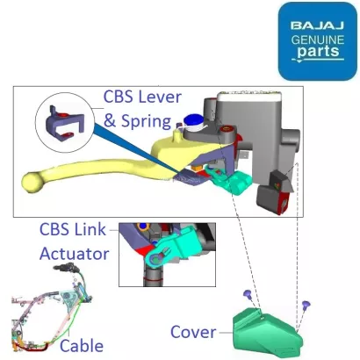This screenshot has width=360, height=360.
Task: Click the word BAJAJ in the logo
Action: coord(317,25)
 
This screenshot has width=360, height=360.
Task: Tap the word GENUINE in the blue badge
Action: coord(318,40)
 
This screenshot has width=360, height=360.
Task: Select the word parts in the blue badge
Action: coord(318,52)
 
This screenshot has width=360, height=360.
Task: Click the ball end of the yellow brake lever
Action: coord(32,182)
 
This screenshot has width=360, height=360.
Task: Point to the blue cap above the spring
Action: coord(193,119)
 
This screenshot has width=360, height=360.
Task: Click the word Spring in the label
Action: coord(146,121)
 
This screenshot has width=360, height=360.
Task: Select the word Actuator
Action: coord(75,254)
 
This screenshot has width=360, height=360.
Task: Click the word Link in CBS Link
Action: coord(90,229)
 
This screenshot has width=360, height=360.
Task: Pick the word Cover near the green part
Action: coord(193,332)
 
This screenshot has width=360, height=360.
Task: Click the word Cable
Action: coord(82,346)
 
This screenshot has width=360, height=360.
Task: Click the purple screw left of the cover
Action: coord(248,294)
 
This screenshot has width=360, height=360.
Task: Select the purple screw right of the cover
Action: coord(306,305)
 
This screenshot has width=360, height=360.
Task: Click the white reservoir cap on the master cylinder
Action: coord(249,95)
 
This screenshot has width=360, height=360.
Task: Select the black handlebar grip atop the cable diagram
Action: coord(64,267)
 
